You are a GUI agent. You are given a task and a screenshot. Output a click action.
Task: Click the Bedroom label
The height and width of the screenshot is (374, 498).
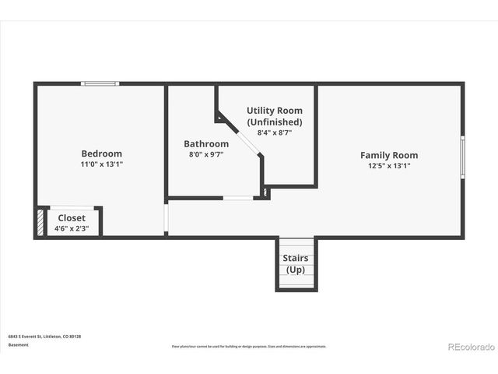coord(102,153)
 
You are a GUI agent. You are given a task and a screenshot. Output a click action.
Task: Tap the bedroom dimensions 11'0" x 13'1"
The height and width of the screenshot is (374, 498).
coord(102,164)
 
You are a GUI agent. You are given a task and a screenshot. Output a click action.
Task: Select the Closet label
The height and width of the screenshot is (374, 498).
coord(72,218)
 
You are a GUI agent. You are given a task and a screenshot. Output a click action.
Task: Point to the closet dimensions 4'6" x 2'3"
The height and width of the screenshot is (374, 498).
coord(72,229)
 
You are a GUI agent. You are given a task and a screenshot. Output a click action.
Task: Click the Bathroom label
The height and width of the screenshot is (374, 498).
coord(206,144)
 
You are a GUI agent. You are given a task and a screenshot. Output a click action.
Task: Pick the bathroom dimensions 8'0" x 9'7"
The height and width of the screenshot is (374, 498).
coord(206,155)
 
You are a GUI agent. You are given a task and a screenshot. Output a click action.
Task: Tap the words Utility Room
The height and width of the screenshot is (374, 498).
coord(275,111)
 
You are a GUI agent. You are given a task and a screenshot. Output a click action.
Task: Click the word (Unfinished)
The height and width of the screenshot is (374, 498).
coord(275,122)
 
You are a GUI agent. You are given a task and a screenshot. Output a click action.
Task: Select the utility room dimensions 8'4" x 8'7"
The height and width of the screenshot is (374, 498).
coord(275,133)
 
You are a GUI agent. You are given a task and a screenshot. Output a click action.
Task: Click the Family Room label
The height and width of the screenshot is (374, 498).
coord(389,155)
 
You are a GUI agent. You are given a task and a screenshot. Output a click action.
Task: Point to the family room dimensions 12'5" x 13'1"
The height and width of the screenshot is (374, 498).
coord(389,166)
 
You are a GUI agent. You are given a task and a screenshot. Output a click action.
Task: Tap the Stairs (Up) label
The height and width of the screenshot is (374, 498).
coord(296,264)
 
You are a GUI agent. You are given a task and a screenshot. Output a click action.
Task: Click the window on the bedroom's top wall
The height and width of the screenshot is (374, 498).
coord(100,83)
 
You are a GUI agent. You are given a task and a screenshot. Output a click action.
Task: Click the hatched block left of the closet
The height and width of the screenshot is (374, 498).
coord(40,221)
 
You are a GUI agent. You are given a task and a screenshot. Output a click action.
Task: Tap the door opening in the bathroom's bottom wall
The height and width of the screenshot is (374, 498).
coord(238,199)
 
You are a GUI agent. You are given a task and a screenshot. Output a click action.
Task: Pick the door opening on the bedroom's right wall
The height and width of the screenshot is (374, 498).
coord(166,219)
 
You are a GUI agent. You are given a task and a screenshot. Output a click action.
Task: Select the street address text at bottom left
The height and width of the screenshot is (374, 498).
coord(44,336)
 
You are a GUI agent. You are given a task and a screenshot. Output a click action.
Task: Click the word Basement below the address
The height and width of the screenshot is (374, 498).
coord(18,344)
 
